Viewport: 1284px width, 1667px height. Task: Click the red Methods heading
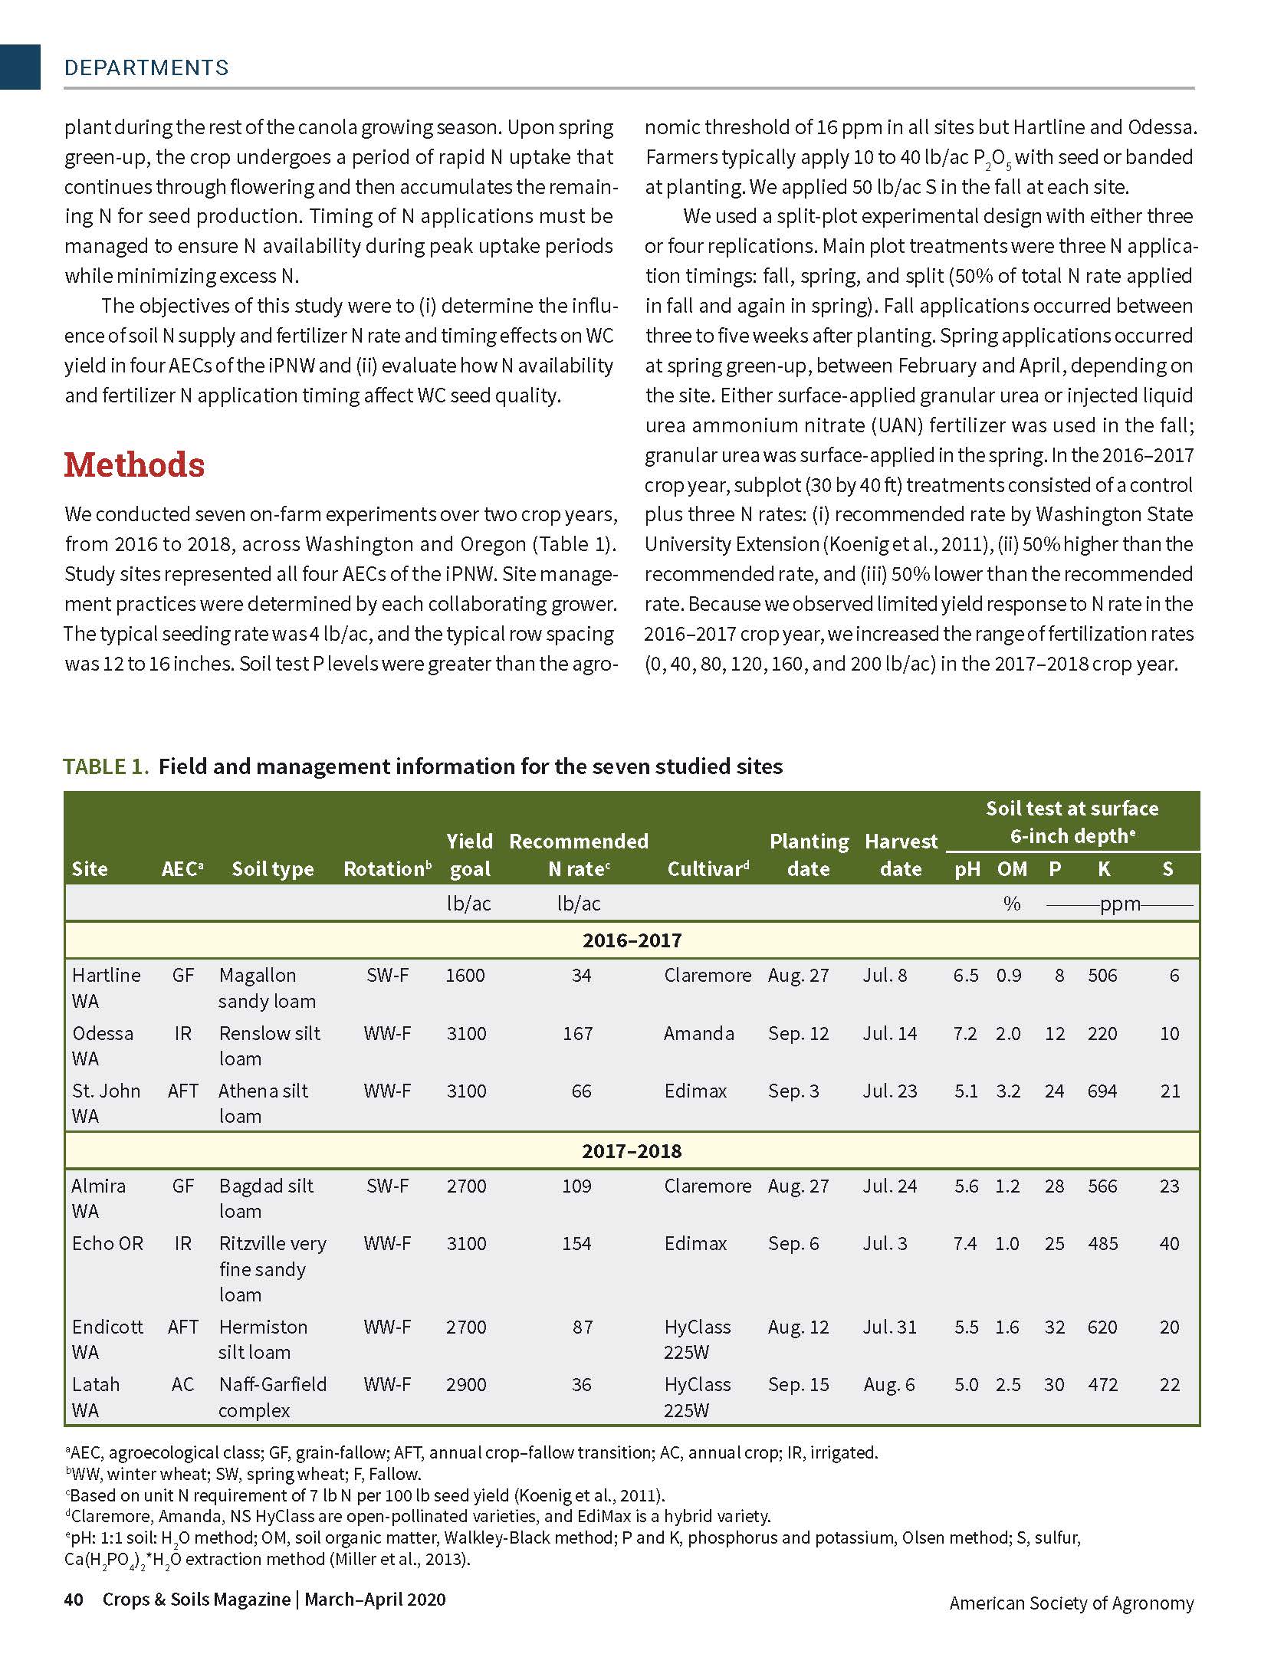[x=134, y=465]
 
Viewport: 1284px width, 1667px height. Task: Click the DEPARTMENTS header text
[x=146, y=67]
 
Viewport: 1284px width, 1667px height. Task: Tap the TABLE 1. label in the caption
[x=106, y=766]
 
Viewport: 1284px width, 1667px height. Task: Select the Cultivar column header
[x=708, y=868]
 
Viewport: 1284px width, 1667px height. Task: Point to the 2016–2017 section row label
[x=632, y=940]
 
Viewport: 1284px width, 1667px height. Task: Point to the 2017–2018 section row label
[x=632, y=1150]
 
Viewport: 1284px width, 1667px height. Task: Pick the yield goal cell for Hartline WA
[x=465, y=975]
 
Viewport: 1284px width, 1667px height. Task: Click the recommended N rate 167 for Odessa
[x=577, y=1033]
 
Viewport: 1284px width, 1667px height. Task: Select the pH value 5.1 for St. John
[x=966, y=1091]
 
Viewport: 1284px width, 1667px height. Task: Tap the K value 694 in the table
[x=1102, y=1091]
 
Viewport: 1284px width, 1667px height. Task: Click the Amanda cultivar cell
[x=698, y=1033]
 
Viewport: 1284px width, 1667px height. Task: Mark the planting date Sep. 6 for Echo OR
[x=793, y=1243]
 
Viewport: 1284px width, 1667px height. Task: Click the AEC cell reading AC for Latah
[x=182, y=1384]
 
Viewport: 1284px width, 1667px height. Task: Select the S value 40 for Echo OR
[x=1169, y=1243]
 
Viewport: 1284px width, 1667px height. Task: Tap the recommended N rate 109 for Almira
[x=576, y=1186]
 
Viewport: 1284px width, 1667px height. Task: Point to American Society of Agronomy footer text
[x=1071, y=1603]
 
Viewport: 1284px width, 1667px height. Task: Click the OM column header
[x=1012, y=868]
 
